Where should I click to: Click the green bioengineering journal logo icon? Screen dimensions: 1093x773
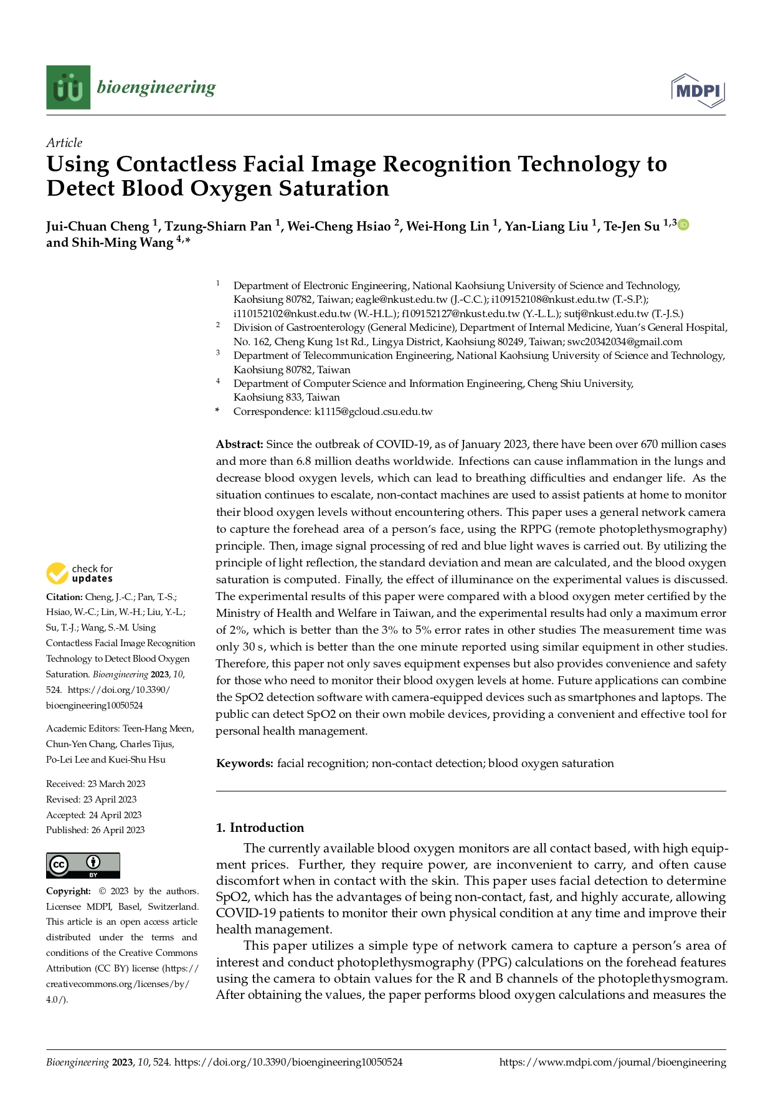68,87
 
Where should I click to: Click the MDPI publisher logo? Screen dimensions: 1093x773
698,91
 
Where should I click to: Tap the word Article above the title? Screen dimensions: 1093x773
64,143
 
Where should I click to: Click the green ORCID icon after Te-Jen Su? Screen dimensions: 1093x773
683,225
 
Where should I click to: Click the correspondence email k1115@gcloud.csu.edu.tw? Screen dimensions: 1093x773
373,411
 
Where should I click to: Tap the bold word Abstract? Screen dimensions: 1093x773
240,444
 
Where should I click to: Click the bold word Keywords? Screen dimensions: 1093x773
245,763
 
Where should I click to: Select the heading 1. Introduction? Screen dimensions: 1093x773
260,828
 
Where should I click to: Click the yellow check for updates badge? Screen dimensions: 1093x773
80,573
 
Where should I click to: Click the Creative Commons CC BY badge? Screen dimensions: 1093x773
83,866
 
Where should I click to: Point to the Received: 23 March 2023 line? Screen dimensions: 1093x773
95,784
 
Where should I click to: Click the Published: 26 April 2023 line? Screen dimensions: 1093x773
95,830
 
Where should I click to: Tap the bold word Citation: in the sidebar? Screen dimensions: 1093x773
64,596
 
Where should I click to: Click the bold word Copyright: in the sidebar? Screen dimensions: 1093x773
69,891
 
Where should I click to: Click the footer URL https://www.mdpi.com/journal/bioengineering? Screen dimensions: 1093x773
612,1062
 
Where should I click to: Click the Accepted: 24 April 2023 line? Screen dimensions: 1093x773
94,815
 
